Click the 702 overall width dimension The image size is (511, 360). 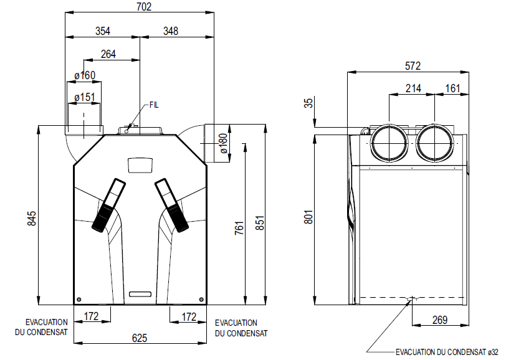coord(144,7)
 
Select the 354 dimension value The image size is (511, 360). coord(103,31)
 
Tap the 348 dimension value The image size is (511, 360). coord(171,31)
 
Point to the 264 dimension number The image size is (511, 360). coord(108,54)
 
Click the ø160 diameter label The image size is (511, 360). coord(85,75)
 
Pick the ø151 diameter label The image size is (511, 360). coord(84,97)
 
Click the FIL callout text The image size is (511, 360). coord(154,105)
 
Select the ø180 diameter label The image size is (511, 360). coord(223,143)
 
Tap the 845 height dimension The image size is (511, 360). coord(32,219)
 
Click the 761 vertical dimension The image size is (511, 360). coord(239,228)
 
